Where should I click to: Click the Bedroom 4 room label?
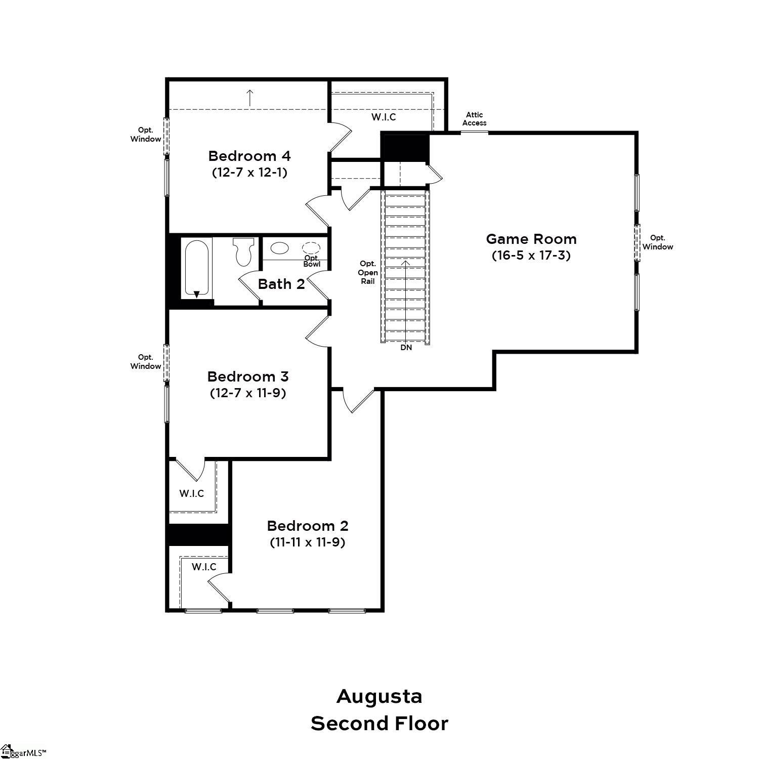pos(249,155)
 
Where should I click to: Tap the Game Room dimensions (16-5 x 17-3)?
pos(531,256)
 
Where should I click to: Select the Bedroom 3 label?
pos(247,376)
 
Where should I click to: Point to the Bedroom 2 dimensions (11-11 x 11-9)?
pos(307,542)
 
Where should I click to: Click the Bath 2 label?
pos(281,284)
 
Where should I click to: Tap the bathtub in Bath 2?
pos(197,269)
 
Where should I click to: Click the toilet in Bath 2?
pos(243,251)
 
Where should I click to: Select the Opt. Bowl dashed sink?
pos(311,248)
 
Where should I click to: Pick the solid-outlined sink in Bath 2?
pos(279,248)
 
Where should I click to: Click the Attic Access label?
pos(474,119)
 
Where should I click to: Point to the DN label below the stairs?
pos(406,348)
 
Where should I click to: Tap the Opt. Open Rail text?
pos(368,272)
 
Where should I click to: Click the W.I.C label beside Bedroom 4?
pos(384,117)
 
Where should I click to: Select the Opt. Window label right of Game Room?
pos(657,242)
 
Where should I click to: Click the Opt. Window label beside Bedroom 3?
pos(146,362)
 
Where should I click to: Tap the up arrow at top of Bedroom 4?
pos(249,97)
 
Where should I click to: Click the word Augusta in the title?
pos(379,696)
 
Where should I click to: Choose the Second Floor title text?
pos(379,724)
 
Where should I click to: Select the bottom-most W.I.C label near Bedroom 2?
pos(203,567)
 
